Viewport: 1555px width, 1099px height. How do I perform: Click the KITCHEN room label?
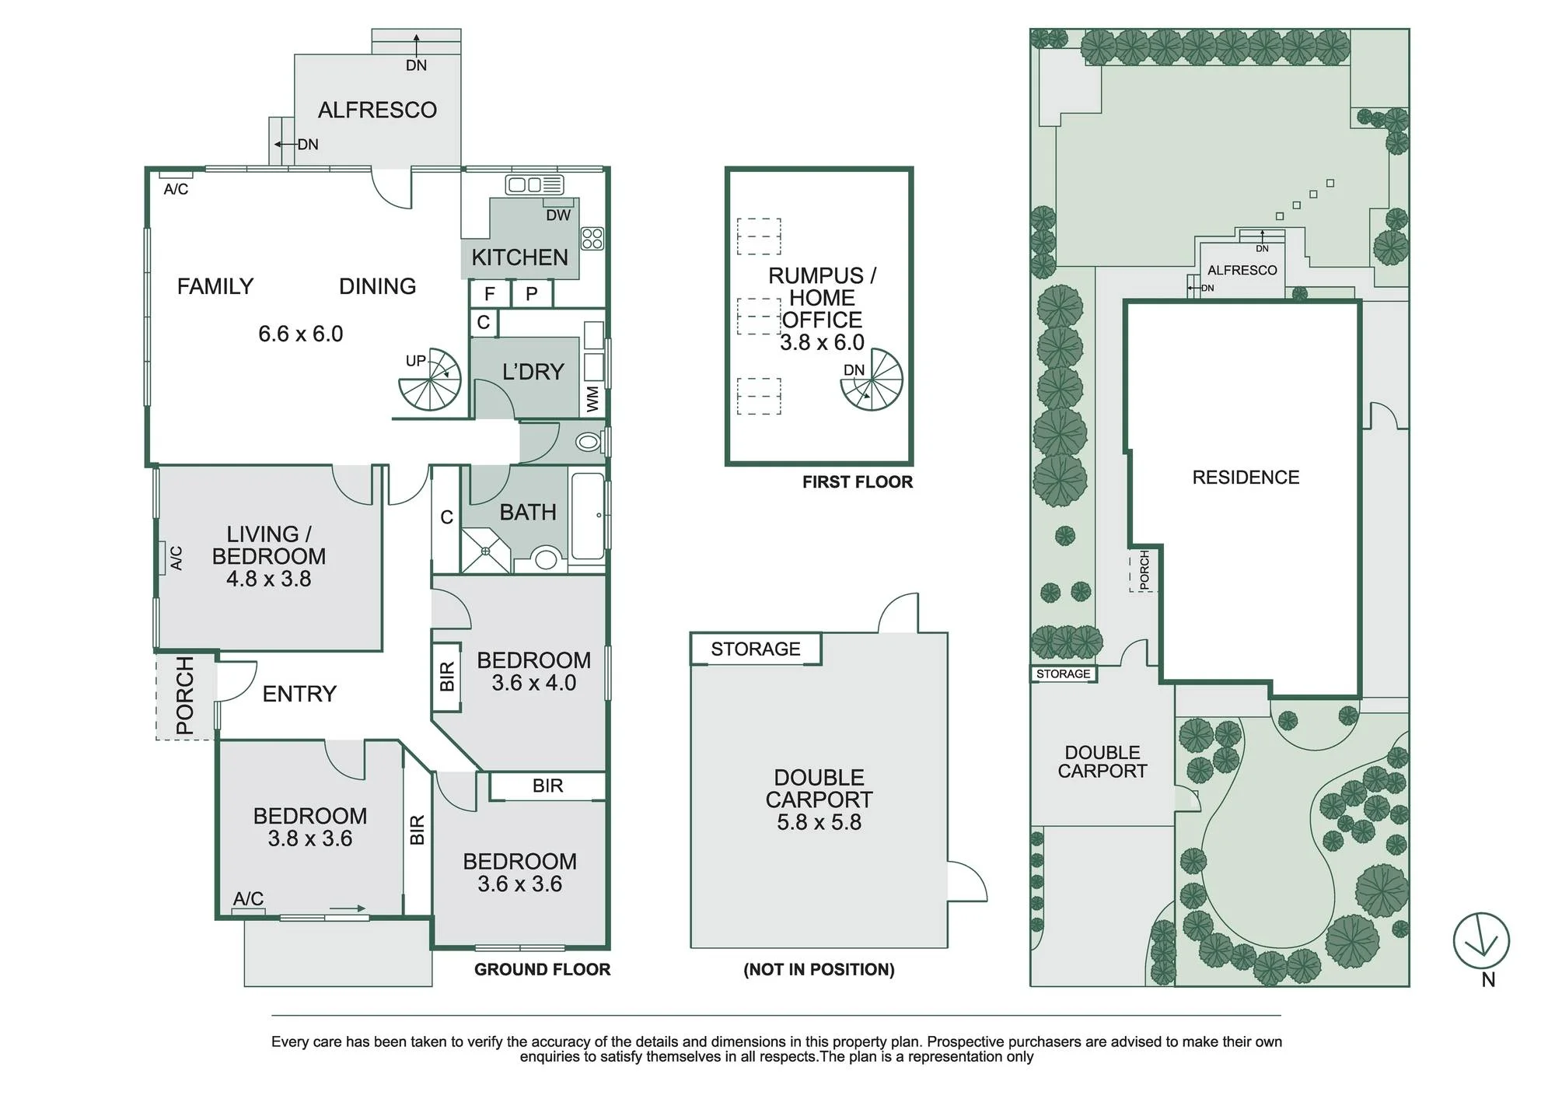519,257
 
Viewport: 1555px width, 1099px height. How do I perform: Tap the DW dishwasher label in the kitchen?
558,215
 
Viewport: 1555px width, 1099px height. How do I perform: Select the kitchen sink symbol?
534,184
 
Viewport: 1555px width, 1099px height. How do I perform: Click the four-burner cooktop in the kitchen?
592,238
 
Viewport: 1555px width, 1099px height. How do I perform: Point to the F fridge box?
490,293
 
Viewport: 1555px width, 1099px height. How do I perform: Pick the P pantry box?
532,293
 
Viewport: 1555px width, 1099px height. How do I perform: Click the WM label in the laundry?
592,399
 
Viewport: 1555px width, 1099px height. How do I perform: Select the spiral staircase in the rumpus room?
872,379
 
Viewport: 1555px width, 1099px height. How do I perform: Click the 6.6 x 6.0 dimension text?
301,334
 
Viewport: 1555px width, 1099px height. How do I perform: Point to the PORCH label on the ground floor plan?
185,695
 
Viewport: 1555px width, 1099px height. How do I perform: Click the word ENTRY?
299,694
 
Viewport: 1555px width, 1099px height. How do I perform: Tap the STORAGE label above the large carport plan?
756,649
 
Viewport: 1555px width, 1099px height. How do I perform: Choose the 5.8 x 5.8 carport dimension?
819,822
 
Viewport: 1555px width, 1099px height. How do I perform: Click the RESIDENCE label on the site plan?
1246,478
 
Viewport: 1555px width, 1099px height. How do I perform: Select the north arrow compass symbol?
1481,941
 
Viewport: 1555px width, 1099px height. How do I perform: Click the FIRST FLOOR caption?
858,482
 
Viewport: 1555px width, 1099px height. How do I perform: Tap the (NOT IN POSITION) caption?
819,970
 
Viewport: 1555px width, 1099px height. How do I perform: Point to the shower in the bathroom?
486,551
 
